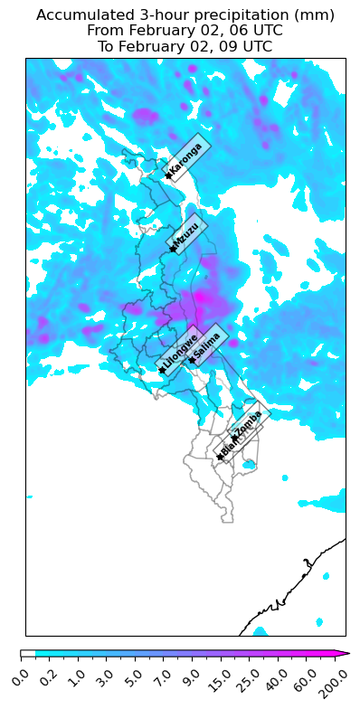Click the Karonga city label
186,159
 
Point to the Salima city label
208,345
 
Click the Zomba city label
248,422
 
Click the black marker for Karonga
168,175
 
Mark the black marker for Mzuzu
172,249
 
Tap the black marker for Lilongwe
162,370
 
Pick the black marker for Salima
192,360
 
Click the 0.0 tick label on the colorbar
24,676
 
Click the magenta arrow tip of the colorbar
346,653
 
